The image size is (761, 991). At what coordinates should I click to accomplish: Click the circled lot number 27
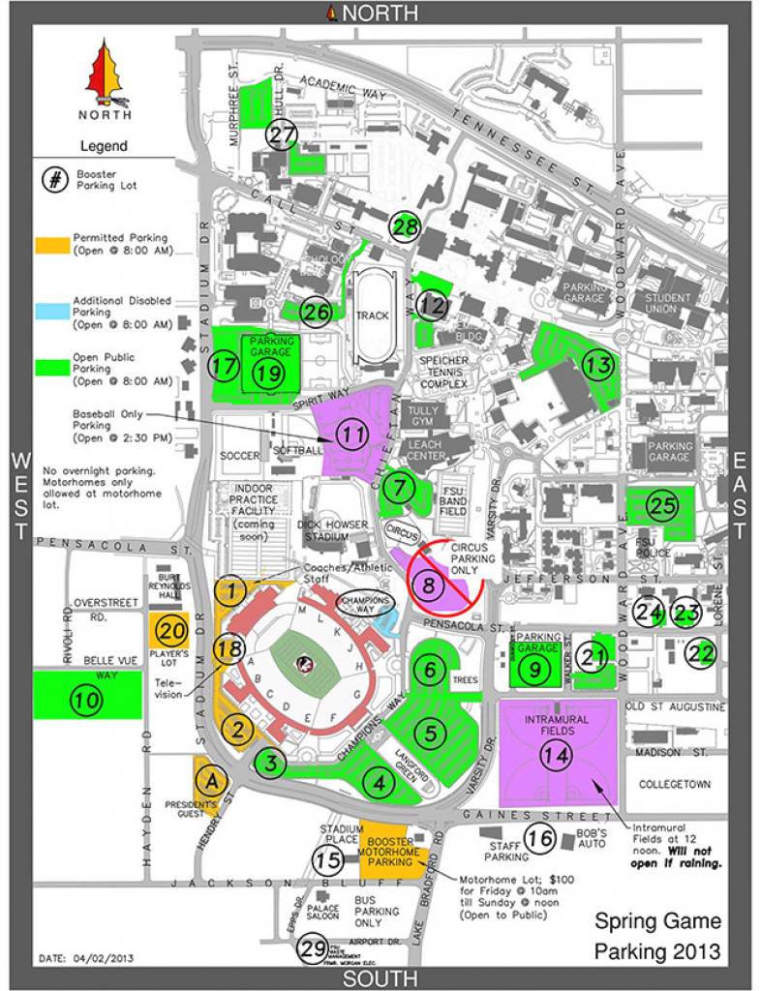282,135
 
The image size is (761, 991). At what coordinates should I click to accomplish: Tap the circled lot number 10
87,699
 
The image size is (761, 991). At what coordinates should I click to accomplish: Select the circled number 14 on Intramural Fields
555,756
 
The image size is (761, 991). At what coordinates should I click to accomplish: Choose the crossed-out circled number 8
431,584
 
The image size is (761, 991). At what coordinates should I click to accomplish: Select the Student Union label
668,304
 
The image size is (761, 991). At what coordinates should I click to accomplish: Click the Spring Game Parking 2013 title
657,936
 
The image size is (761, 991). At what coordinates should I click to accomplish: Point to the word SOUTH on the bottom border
380,978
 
